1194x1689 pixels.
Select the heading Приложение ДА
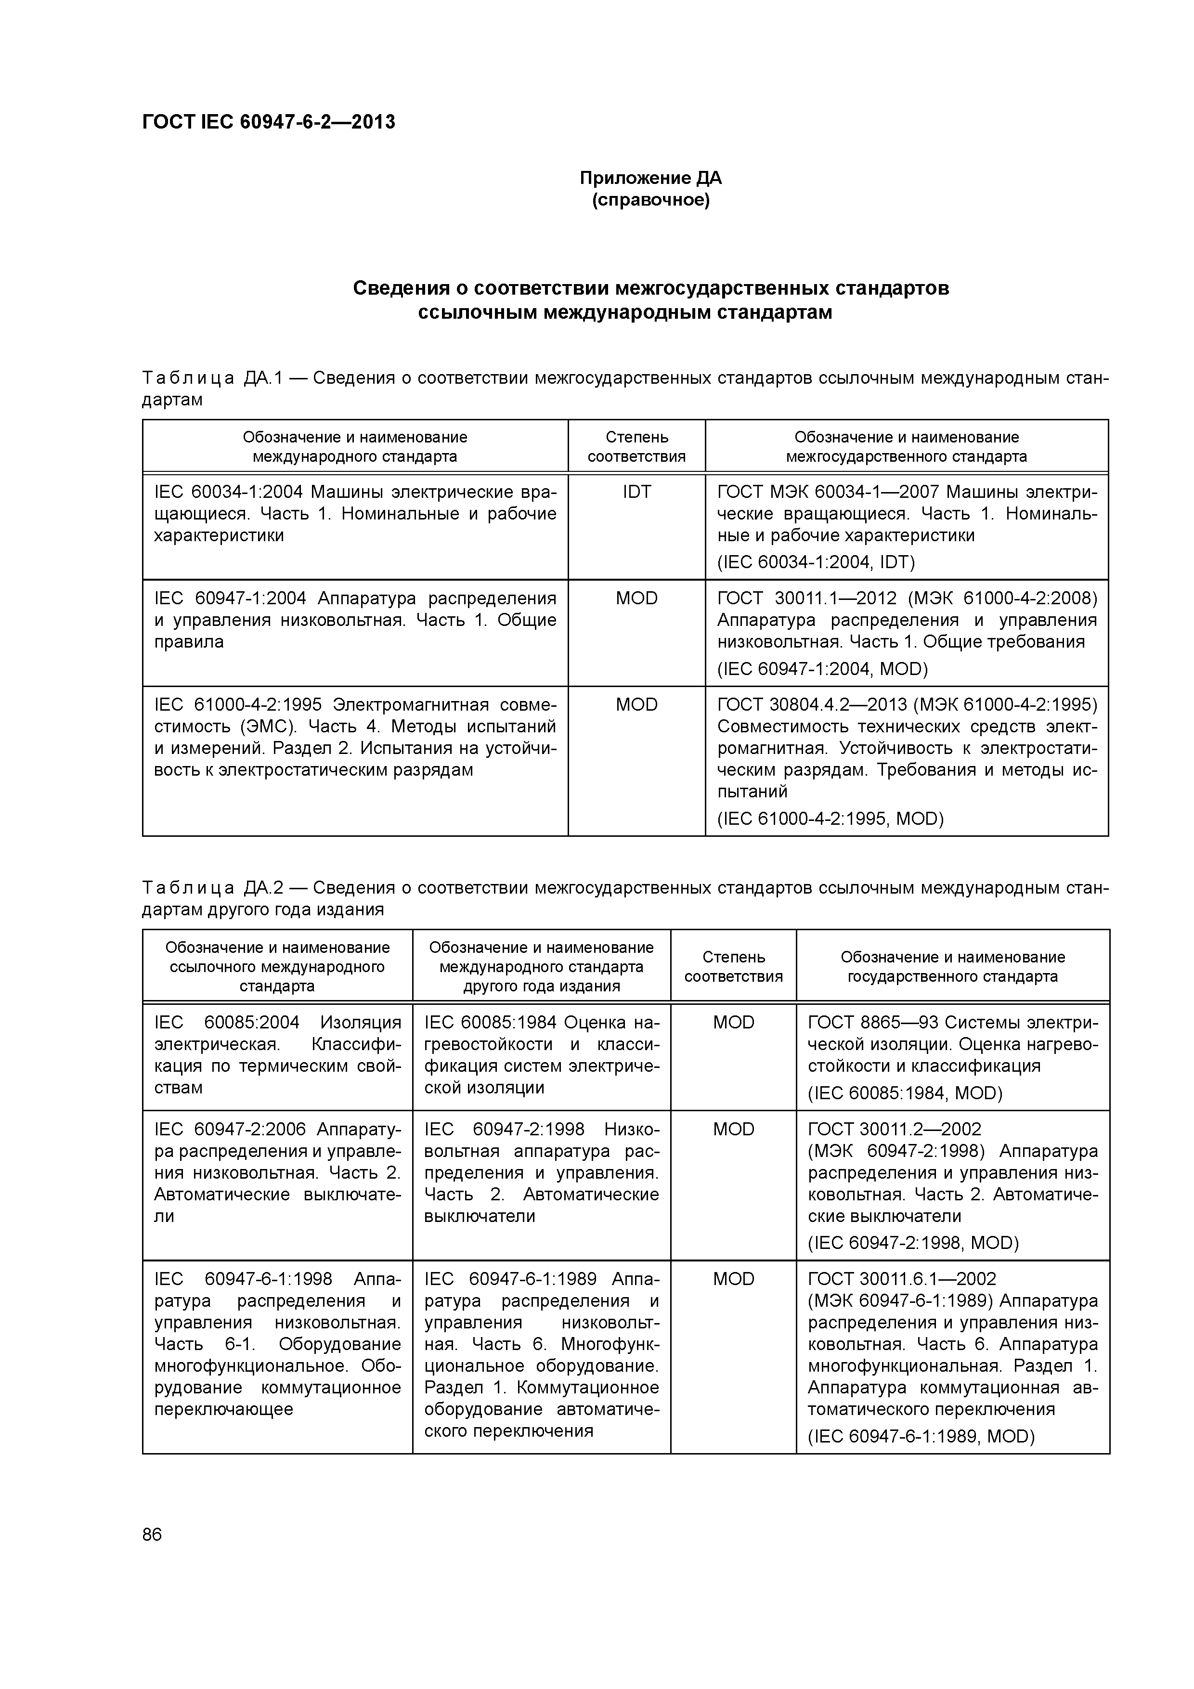pos(650,178)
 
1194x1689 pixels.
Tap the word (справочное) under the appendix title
pos(650,200)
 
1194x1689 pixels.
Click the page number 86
pos(152,1534)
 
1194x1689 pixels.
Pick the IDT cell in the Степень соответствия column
pos(636,492)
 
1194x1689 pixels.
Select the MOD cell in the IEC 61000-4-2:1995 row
pos(636,705)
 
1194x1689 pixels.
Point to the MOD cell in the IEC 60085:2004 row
pos(733,1023)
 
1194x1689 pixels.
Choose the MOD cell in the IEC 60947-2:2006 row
pos(733,1129)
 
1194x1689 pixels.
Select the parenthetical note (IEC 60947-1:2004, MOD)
pos(822,669)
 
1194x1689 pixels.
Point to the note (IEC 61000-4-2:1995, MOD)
pos(830,819)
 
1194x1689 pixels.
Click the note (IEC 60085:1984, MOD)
pos(905,1093)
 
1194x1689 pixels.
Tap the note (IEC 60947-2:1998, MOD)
pos(913,1243)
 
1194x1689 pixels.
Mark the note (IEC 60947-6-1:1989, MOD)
pos(921,1437)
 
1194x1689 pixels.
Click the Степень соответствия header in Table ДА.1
pos(636,446)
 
